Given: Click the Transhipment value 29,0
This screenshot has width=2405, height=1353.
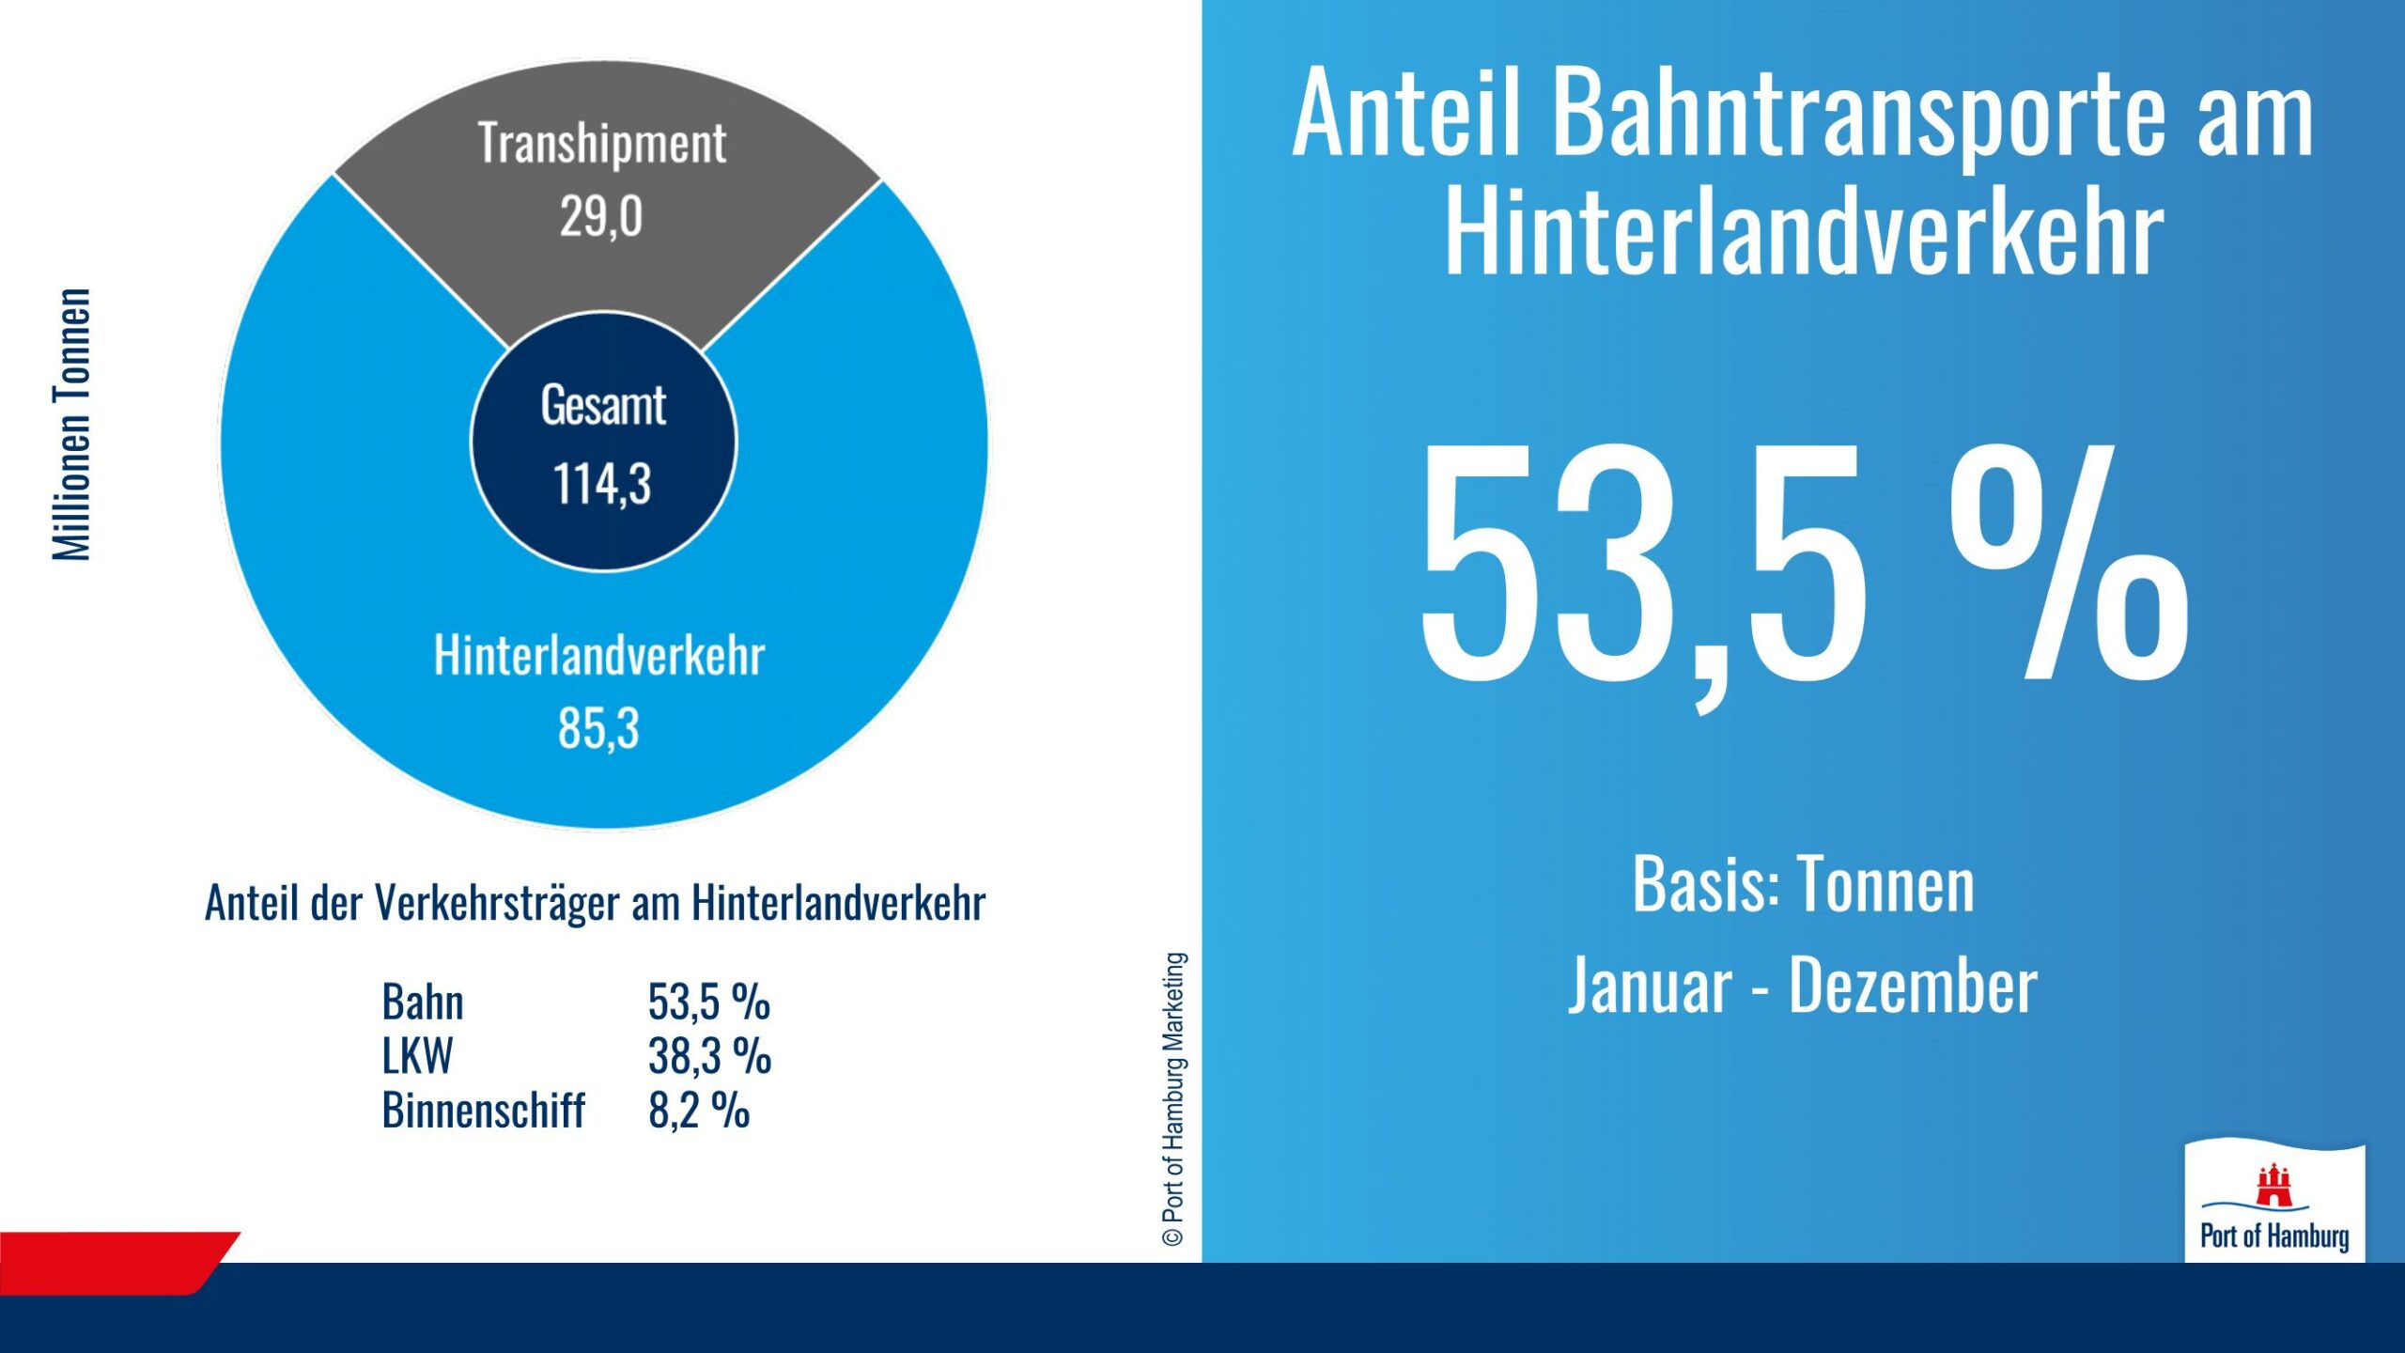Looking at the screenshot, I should pyautogui.click(x=601, y=217).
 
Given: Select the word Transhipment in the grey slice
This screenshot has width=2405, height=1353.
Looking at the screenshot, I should pyautogui.click(x=601, y=144).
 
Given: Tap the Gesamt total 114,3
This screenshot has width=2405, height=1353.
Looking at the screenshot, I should pyautogui.click(x=602, y=484).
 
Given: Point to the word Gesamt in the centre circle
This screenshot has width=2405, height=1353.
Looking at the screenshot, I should pyautogui.click(x=603, y=406).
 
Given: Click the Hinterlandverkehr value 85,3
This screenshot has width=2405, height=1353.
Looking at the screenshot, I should pyautogui.click(x=598, y=728).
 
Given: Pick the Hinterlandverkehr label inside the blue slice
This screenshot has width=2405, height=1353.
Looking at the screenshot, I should pyautogui.click(x=598, y=655).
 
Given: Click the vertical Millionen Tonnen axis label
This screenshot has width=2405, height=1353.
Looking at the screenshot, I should pyautogui.click(x=72, y=425).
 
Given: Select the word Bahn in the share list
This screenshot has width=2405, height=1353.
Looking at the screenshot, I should pyautogui.click(x=423, y=1002).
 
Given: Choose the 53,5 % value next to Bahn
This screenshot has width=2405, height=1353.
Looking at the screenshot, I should pyautogui.click(x=708, y=1002).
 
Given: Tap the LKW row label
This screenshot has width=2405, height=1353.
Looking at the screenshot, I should pyautogui.click(x=417, y=1056).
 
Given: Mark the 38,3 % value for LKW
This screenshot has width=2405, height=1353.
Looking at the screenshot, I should pyautogui.click(x=709, y=1056).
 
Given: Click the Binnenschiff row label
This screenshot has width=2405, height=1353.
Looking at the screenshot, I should pyautogui.click(x=483, y=1111).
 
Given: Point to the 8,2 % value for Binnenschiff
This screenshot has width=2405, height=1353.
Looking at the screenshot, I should pyautogui.click(x=698, y=1111).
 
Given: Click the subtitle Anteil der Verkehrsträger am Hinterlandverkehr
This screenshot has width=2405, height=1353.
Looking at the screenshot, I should pyautogui.click(x=595, y=903).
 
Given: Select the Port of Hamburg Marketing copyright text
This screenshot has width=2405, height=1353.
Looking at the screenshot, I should pyautogui.click(x=1173, y=1099).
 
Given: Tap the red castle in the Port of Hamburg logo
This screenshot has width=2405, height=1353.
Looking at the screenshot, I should pyautogui.click(x=2273, y=1186).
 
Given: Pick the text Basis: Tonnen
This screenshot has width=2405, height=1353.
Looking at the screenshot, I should pyautogui.click(x=1803, y=885).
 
